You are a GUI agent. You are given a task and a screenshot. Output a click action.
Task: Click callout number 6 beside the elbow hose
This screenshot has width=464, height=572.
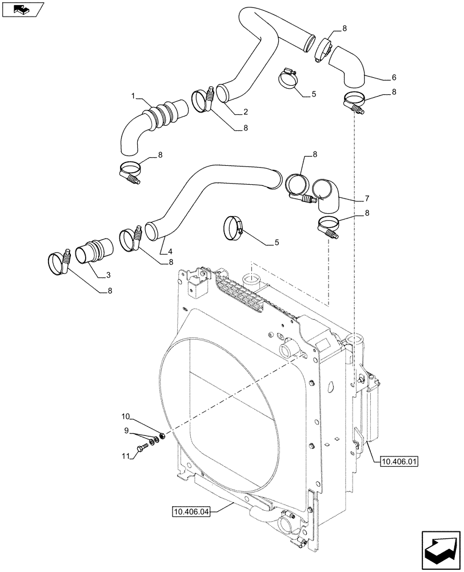click(x=378, y=77)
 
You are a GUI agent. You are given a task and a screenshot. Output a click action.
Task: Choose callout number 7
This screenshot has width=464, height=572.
click(x=366, y=198)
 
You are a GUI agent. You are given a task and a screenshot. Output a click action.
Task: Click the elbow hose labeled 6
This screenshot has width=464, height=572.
click(x=349, y=65)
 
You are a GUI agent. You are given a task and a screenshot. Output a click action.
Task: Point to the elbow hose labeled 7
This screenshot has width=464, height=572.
click(x=327, y=195)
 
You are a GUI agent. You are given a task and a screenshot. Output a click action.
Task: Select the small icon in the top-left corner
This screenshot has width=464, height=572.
click(x=22, y=10)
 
